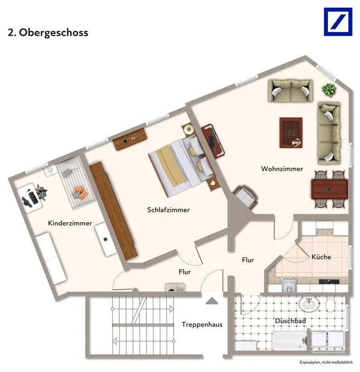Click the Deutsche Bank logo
(338, 22)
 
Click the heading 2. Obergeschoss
(48, 33)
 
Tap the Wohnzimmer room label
(282, 169)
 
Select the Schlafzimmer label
(168, 210)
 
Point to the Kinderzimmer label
(70, 223)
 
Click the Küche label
(321, 257)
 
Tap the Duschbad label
(290, 321)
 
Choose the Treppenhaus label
(202, 324)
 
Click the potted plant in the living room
(329, 90)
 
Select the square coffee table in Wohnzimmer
(291, 132)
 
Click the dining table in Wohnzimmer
(330, 189)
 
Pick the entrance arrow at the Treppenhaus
(211, 300)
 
